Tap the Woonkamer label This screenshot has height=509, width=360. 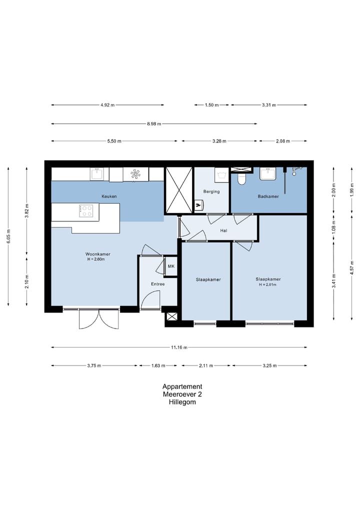coord(98,254)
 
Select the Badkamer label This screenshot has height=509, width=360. coord(268,196)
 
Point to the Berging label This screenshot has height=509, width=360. coord(211,191)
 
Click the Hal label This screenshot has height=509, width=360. coord(224,230)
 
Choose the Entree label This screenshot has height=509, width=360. coord(158,284)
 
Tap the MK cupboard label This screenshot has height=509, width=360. coord(171,266)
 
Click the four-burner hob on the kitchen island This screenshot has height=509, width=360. coord(86,211)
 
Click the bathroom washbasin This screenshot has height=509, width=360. coord(268,174)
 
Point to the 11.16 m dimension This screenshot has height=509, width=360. coord(179,347)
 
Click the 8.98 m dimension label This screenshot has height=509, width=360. coord(154,124)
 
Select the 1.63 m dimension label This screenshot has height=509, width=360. coord(157,365)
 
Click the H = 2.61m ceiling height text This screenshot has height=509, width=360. coord(268,284)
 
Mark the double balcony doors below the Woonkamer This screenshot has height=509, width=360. coord(99,319)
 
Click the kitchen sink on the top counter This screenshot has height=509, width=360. coord(97,173)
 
